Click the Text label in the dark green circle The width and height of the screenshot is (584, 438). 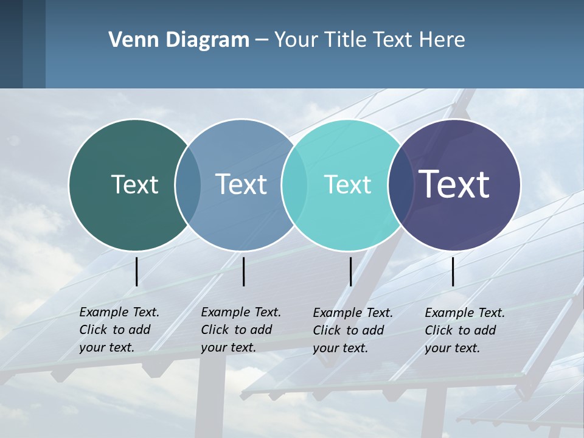pyautogui.click(x=134, y=184)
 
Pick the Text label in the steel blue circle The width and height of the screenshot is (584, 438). pyautogui.click(x=242, y=184)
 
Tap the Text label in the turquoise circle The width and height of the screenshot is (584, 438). pyautogui.click(x=347, y=184)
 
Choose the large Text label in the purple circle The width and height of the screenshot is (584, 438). pyautogui.click(x=454, y=184)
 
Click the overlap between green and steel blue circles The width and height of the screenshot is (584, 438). pyautogui.click(x=188, y=184)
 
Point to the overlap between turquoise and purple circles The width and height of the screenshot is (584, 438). pyautogui.click(x=401, y=184)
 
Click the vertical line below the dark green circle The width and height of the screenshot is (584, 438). pyautogui.click(x=137, y=271)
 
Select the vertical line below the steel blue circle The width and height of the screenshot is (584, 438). pyautogui.click(x=243, y=271)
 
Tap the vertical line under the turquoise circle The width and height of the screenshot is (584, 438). pyautogui.click(x=350, y=271)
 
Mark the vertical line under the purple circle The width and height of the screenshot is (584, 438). pyautogui.click(x=453, y=271)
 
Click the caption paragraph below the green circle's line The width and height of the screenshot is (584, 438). pyautogui.click(x=119, y=330)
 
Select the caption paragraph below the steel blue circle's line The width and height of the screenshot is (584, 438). pyautogui.click(x=240, y=330)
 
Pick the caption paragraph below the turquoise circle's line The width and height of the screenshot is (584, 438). pyautogui.click(x=352, y=330)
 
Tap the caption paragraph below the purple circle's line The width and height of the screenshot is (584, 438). pyautogui.click(x=464, y=330)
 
